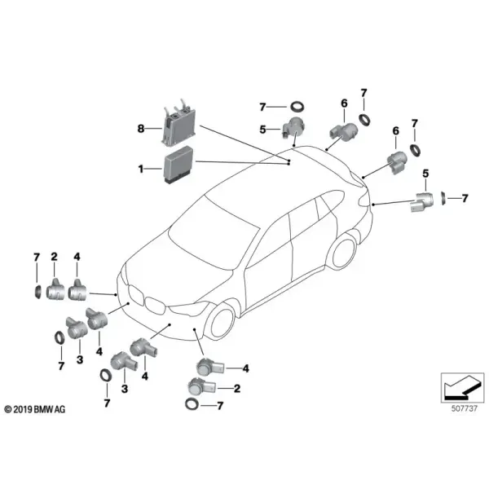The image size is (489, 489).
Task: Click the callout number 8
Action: click(x=141, y=128)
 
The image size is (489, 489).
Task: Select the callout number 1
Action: click(x=141, y=169)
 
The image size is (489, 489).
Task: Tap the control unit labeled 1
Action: click(x=178, y=165)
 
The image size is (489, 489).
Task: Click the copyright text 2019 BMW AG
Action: click(x=35, y=409)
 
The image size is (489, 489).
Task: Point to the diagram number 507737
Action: click(x=465, y=408)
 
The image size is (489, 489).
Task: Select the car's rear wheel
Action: click(x=344, y=253)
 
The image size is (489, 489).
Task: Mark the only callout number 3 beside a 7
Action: click(x=80, y=359)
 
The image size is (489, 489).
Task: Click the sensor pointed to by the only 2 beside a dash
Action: click(x=201, y=386)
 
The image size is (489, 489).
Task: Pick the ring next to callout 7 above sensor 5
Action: click(x=297, y=106)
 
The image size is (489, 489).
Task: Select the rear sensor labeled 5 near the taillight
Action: click(x=422, y=202)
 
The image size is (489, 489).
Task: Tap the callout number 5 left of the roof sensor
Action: click(x=262, y=129)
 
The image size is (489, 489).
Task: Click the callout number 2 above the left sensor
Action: click(x=55, y=257)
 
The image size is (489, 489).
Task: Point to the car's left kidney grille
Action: click(x=136, y=295)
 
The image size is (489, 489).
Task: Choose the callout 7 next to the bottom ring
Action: click(x=220, y=406)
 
